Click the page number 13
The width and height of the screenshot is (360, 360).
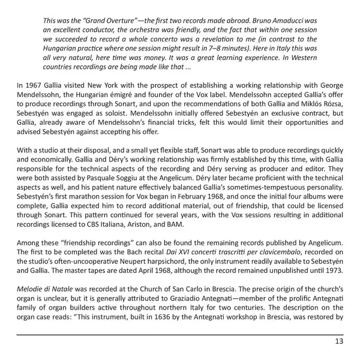(338, 342)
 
